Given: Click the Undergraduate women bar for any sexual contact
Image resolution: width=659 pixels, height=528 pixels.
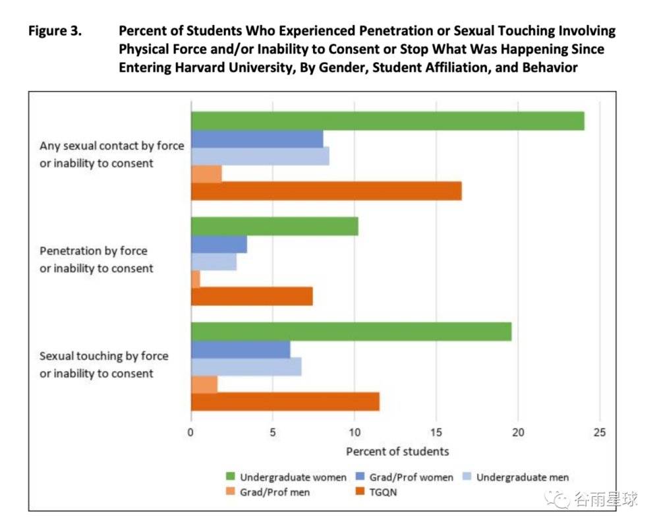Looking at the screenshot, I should tap(387, 121).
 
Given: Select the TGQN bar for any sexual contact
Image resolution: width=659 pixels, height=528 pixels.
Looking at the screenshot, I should tap(326, 191).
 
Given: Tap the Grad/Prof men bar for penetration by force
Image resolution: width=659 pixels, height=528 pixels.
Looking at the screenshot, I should tap(196, 279).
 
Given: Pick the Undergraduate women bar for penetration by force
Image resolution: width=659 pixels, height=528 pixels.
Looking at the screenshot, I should tap(274, 226).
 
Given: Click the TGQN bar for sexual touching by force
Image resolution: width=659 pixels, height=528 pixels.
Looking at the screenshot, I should tap(285, 401).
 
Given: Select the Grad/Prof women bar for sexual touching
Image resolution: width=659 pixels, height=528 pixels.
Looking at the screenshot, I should tap(241, 349).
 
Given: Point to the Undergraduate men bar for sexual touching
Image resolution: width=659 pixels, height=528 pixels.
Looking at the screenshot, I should tap(246, 367).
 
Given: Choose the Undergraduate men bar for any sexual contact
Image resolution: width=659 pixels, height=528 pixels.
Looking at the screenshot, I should tap(260, 156).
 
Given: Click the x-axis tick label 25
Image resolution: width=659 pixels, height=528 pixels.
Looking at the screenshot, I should tap(599, 432).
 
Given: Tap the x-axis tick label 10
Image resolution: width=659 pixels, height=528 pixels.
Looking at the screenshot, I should tap(355, 432).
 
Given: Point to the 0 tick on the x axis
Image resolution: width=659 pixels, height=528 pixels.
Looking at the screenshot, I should tap(191, 432).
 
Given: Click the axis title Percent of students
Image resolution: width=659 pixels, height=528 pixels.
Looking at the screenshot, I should tap(397, 452).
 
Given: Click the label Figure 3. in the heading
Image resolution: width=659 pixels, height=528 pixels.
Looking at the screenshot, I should tap(55, 31).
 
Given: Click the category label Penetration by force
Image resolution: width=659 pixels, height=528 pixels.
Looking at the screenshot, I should tap(94, 251).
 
